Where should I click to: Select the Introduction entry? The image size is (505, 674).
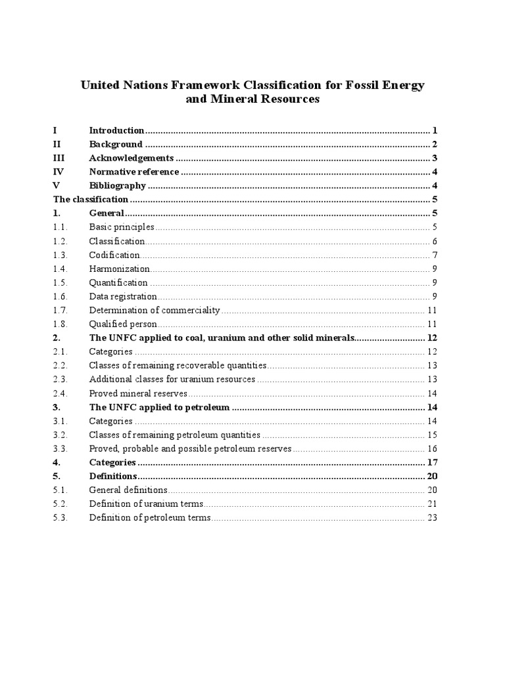coord(116,130)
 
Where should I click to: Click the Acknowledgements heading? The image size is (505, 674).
coord(131,158)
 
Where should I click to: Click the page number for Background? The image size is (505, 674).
coord(435,144)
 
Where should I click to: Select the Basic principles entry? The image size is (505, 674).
coord(122,227)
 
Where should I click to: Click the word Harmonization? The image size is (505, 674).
coord(119,269)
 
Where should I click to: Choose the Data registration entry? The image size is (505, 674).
coord(123,296)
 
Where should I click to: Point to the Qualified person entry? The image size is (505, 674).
coord(123,324)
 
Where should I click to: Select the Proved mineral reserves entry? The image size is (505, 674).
coord(138,393)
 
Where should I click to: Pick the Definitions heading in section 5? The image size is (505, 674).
coord(113,476)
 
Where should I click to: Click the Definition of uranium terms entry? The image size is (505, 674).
coord(147,504)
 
